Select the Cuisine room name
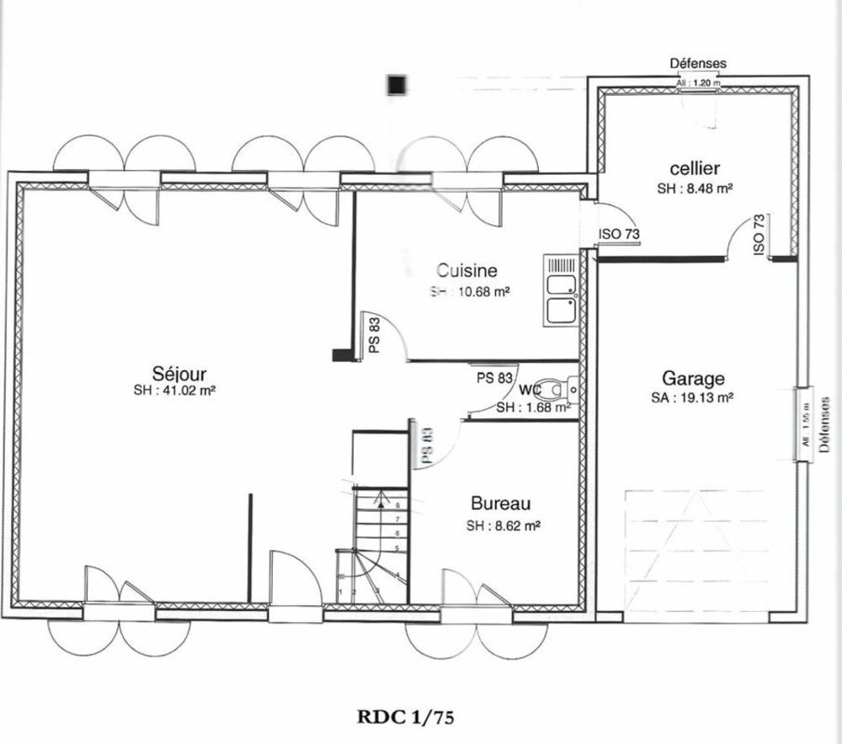466,271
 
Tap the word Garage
692,379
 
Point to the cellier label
695,169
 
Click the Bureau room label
500,504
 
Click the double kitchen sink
560,290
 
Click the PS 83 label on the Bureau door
427,445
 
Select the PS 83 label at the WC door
494,378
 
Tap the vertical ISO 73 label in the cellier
759,234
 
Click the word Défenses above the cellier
697,63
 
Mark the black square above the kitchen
396,84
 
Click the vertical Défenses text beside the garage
824,426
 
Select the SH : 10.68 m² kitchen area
471,291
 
